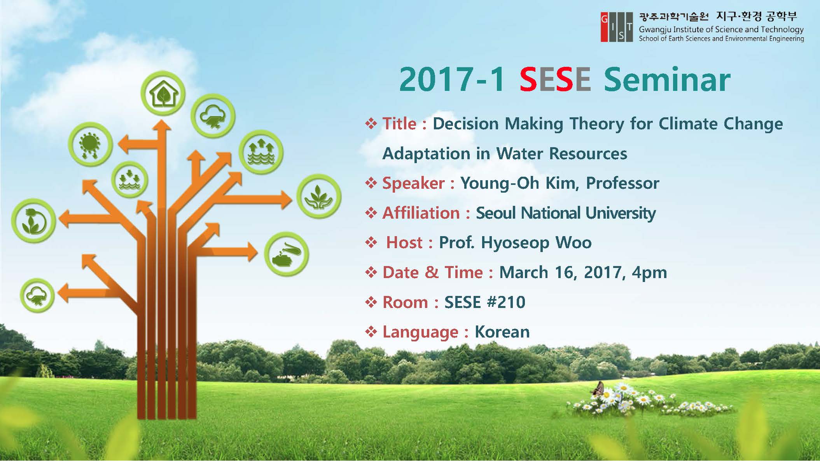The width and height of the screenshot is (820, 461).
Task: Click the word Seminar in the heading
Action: point(667,80)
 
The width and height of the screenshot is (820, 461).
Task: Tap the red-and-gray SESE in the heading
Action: point(555,80)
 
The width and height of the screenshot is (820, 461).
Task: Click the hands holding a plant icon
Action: point(319,197)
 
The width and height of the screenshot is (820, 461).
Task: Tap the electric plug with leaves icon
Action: point(33,221)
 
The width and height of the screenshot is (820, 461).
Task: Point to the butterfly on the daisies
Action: point(598,388)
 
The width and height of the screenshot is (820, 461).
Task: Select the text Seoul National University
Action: point(566,213)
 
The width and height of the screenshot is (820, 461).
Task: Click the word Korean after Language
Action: point(502,332)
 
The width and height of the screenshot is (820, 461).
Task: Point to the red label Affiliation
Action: point(421,213)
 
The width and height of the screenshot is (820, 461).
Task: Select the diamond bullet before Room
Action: point(371,302)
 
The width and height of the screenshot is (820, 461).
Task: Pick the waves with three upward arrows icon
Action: point(261,152)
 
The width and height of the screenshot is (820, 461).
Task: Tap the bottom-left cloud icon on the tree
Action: point(37,296)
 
